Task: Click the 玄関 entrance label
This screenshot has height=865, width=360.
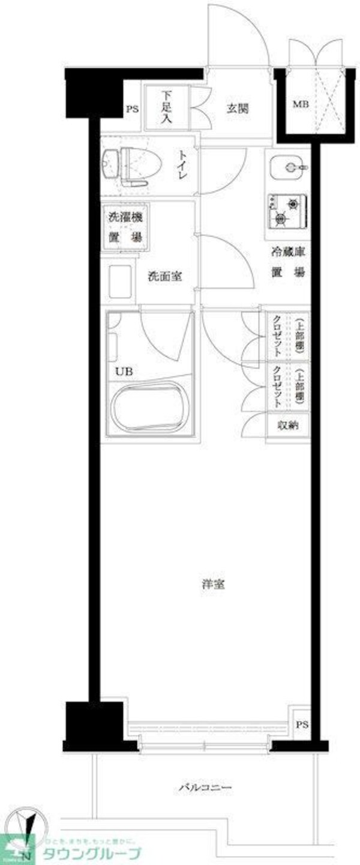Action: point(238,109)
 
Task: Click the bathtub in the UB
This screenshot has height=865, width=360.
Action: point(153,408)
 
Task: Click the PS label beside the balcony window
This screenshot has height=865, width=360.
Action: point(301,725)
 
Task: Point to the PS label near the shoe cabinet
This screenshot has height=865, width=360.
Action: point(132,110)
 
